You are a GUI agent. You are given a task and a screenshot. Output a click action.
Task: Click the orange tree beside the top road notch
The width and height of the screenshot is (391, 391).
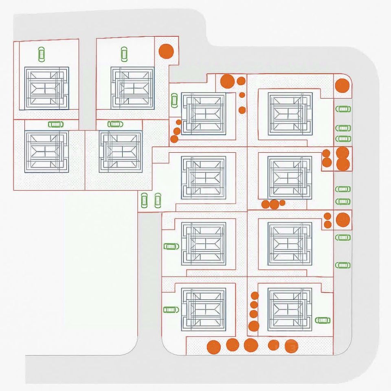click(166, 51)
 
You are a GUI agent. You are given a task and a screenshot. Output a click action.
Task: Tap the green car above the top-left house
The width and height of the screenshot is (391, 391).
click(41, 54)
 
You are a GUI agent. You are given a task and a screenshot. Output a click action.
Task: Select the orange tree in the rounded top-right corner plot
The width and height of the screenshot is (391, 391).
click(342, 86)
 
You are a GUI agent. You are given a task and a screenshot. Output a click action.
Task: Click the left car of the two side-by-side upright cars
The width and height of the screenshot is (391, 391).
click(144, 200)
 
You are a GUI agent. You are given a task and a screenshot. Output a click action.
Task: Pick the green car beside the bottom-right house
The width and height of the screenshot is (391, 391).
click(323, 320)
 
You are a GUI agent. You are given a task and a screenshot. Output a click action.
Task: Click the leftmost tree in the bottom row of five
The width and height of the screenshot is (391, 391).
click(213, 347)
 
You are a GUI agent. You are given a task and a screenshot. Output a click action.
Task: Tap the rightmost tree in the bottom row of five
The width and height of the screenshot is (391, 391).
click(291, 346)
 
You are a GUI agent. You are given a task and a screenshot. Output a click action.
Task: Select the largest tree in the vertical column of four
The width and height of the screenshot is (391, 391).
click(254, 326)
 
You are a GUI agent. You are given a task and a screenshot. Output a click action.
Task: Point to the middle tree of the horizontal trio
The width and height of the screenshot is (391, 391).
click(274, 204)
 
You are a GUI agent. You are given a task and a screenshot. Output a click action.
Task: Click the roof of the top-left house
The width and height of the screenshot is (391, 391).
click(46, 88)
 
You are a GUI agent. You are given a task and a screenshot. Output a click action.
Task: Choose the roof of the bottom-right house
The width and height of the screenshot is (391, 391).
click(290, 309)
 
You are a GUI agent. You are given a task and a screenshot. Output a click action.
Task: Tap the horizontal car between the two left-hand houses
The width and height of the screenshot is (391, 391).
click(56, 124)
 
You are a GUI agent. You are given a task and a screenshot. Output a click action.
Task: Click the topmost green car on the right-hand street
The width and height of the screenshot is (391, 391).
click(343, 109)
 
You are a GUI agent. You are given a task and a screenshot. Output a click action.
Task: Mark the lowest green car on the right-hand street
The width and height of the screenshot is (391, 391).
click(343, 265)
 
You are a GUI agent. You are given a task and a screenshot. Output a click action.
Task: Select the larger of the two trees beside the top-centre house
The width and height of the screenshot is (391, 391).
click(227, 81)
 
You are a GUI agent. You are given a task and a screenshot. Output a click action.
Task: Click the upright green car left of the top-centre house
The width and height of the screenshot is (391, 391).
click(174, 100)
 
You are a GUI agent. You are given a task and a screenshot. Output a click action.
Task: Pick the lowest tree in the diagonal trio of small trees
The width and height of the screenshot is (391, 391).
click(174, 139)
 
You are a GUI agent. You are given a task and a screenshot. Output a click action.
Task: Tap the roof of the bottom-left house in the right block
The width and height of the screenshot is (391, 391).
click(203, 309)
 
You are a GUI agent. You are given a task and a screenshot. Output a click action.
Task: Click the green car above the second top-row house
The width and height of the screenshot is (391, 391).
click(124, 54)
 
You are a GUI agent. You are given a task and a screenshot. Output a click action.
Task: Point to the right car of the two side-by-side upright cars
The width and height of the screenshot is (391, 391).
click(158, 200)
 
